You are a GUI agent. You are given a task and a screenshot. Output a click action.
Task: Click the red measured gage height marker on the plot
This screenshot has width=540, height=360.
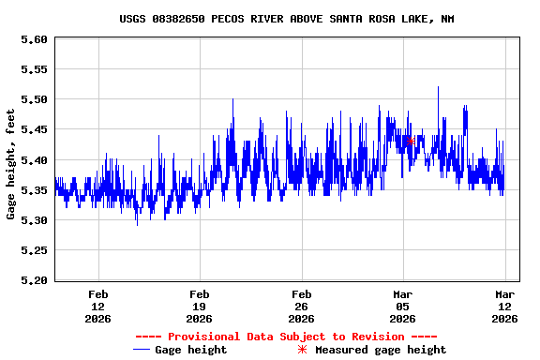coord(411,142)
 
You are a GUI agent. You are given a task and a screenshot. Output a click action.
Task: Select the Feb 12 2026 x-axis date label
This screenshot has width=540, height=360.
coord(97,306)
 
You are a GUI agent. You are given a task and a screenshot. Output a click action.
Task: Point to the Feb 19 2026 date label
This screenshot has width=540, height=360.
coord(199,306)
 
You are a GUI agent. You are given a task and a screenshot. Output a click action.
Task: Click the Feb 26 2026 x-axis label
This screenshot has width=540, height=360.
coord(301,306)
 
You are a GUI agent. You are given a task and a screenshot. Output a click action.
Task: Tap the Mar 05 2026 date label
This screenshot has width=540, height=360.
coord(402,306)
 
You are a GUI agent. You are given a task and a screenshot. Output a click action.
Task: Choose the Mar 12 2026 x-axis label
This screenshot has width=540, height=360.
coord(504,306)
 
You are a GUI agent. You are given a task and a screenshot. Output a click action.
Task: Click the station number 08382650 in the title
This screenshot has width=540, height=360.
coord(185,19)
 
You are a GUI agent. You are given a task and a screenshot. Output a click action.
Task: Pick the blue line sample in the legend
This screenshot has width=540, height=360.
coord(142,350)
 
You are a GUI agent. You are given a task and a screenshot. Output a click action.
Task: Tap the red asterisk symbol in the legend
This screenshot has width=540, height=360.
coord(302,350)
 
